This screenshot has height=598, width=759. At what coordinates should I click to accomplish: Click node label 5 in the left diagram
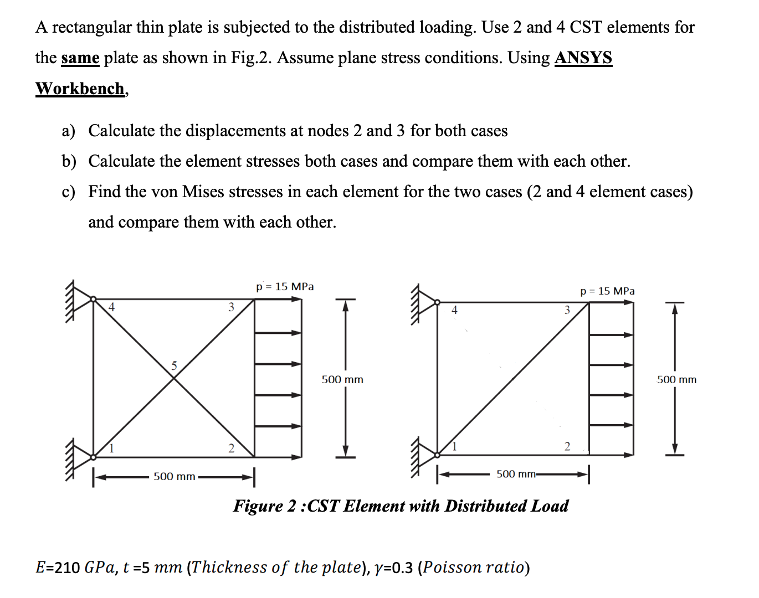click(x=174, y=365)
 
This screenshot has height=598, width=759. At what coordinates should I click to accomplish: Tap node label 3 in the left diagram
click(x=231, y=307)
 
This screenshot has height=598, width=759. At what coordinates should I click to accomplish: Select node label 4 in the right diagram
click(x=454, y=310)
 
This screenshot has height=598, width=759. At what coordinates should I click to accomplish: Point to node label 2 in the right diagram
click(x=567, y=446)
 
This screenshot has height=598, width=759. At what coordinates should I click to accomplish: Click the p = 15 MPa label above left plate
click(x=285, y=286)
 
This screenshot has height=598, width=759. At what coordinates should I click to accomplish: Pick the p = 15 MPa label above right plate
click(x=607, y=291)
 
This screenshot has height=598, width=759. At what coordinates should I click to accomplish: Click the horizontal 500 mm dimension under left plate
click(x=174, y=476)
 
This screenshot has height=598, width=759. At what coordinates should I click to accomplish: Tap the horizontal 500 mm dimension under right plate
click(x=516, y=474)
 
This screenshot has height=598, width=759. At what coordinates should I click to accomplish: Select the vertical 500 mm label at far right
click(x=676, y=379)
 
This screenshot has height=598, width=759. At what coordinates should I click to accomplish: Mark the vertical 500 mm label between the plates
click(x=342, y=379)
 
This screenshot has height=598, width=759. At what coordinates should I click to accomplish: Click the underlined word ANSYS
click(x=583, y=58)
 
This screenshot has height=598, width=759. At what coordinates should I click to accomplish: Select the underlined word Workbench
click(x=80, y=89)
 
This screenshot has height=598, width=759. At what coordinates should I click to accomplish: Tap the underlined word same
click(x=80, y=58)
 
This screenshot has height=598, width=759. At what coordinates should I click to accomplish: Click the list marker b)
click(x=69, y=161)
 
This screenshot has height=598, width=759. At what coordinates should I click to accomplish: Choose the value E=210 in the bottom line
click(x=58, y=568)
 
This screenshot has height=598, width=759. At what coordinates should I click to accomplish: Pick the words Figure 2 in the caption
click(x=264, y=506)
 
